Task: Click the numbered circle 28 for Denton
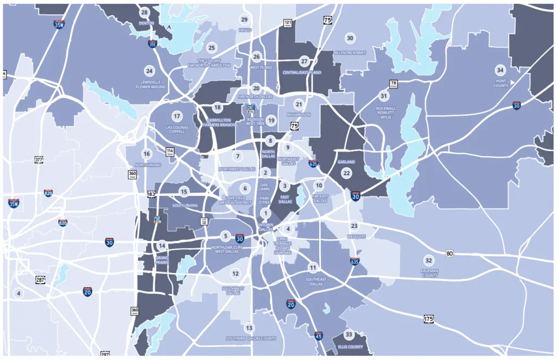click(x=144, y=13)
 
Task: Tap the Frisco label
click(x=245, y=30)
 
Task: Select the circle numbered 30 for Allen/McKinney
click(x=350, y=38)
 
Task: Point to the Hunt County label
click(x=500, y=83)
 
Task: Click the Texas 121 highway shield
click(x=287, y=23)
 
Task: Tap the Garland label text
click(x=346, y=162)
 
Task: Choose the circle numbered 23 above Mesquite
click(x=354, y=226)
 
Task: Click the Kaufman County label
click(x=429, y=272)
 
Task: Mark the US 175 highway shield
click(x=429, y=318)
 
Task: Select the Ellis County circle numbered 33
click(x=349, y=334)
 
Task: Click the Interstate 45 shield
click(x=318, y=336)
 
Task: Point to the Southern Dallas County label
click(x=251, y=338)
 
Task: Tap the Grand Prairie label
click(x=162, y=259)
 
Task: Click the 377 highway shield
click(x=39, y=159)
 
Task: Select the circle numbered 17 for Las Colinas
click(x=177, y=116)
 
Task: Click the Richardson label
click(x=299, y=115)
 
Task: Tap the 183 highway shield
click(x=151, y=194)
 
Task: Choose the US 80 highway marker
click(x=449, y=253)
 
